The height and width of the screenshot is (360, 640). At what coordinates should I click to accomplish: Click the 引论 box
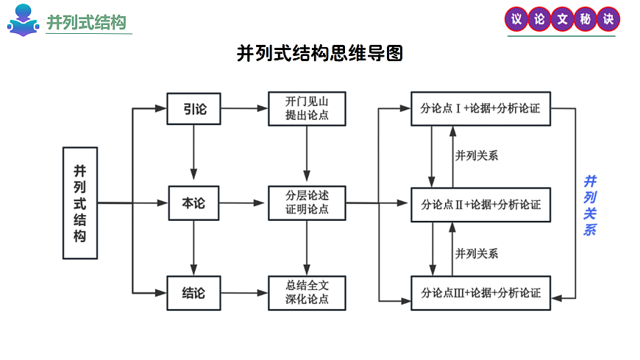193,110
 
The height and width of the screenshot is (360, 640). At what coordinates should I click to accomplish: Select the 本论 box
193,203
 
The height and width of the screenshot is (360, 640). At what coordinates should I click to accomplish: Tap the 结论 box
193,292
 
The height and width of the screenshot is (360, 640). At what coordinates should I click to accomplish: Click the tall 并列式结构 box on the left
80,202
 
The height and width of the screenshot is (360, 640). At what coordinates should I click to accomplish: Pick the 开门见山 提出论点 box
307,109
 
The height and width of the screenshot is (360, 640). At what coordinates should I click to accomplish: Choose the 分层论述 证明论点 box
307,202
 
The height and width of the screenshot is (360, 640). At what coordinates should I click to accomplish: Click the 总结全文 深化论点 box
307,292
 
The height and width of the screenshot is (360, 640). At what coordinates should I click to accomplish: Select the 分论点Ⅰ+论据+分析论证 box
480,109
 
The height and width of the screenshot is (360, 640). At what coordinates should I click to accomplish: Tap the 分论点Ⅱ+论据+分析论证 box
480,204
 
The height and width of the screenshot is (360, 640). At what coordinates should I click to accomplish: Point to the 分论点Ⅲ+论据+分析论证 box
480,292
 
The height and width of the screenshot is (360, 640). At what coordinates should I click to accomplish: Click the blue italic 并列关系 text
590,205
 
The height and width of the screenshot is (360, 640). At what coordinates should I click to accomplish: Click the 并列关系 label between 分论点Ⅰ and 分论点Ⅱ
477,155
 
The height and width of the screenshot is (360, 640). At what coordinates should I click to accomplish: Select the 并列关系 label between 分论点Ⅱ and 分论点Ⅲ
477,253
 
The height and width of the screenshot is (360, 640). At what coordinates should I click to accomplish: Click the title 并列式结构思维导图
319,54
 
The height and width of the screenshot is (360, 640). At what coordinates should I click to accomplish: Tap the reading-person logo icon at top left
24,21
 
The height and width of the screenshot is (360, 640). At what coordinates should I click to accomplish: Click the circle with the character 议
517,20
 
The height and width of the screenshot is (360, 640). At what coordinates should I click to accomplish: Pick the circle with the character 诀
608,20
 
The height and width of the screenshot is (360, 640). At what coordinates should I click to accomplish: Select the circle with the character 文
563,20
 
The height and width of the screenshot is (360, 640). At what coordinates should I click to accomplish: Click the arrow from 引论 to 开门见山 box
243,109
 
